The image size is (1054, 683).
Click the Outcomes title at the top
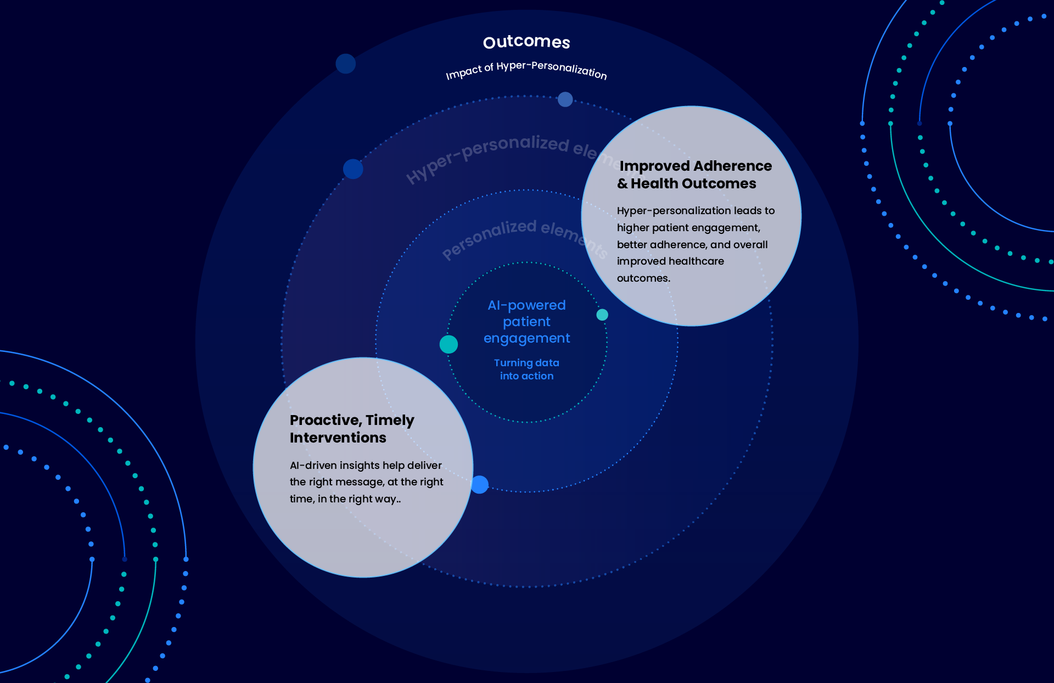pyautogui.click(x=526, y=42)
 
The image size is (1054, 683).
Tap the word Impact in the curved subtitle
pyautogui.click(x=463, y=73)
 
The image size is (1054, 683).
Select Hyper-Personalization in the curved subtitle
pyautogui.click(x=552, y=69)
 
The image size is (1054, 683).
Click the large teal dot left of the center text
pyautogui.click(x=448, y=344)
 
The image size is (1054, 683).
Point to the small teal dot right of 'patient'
pyautogui.click(x=602, y=315)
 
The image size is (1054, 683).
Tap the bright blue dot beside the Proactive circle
pyautogui.click(x=479, y=484)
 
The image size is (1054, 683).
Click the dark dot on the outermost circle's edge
pyautogui.click(x=345, y=64)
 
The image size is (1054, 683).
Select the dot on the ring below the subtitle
pyautogui.click(x=565, y=99)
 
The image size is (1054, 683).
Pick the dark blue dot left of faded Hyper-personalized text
pyautogui.click(x=353, y=169)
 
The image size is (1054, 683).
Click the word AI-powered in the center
pyautogui.click(x=526, y=305)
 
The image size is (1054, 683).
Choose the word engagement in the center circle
pyautogui.click(x=526, y=338)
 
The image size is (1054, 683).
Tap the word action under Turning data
pyautogui.click(x=537, y=376)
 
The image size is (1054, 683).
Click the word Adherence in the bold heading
pyautogui.click(x=733, y=166)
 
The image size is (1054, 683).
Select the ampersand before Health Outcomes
pyautogui.click(x=623, y=183)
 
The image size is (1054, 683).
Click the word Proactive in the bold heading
pyautogui.click(x=325, y=420)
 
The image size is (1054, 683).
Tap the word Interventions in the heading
pyautogui.click(x=338, y=438)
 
